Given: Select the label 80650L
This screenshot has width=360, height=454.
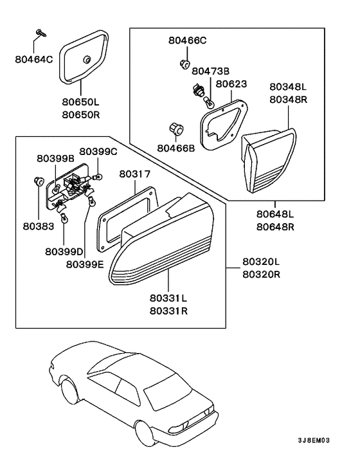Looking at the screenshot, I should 81,102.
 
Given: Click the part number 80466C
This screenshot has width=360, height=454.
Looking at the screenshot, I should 188,41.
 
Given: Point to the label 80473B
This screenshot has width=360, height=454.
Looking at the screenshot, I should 211,71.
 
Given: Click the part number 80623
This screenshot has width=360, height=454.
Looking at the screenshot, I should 230,84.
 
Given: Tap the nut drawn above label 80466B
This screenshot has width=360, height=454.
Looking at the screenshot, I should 174,129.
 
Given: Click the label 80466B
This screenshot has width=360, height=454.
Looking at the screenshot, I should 175,148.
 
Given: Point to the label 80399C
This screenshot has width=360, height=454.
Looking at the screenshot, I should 99,152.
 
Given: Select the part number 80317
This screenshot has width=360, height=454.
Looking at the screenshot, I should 134,174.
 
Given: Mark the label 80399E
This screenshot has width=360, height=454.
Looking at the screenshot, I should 85,264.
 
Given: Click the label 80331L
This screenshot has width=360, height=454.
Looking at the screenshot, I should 168,298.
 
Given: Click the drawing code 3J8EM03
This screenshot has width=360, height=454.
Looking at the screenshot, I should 313,440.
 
